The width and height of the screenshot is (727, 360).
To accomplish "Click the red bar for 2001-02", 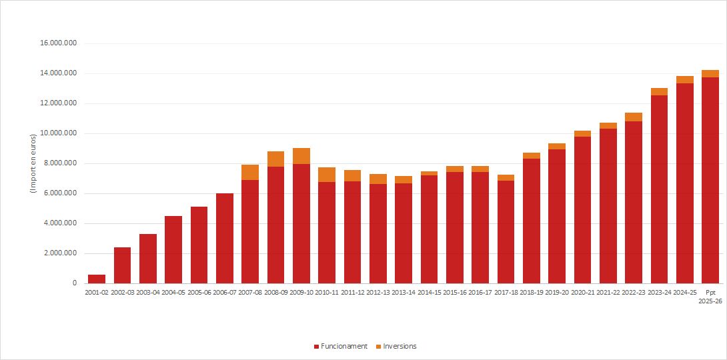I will click(97, 279).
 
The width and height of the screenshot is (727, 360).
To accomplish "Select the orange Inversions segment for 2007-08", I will click(250, 172).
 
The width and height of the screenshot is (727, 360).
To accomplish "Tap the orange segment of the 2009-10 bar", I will click(301, 156).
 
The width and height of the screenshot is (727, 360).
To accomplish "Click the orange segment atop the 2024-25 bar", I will click(685, 79).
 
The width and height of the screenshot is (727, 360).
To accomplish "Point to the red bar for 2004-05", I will click(173, 250).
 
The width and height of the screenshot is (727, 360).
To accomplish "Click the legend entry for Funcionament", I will click(340, 346).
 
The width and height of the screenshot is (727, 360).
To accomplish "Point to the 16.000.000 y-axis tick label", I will click(59, 43).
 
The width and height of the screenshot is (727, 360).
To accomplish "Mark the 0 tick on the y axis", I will click(75, 283).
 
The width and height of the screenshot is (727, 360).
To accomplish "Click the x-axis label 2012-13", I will click(378, 293).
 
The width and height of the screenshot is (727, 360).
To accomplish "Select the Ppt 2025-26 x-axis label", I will click(710, 297).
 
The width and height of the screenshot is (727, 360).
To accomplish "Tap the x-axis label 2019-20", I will click(557, 293).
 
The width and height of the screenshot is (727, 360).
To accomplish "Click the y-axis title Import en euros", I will click(33, 164).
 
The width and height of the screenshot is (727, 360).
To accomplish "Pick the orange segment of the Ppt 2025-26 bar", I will click(710, 73).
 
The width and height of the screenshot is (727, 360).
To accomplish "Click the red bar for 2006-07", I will click(225, 239).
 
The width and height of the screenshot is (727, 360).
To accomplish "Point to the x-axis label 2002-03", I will click(122, 293).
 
